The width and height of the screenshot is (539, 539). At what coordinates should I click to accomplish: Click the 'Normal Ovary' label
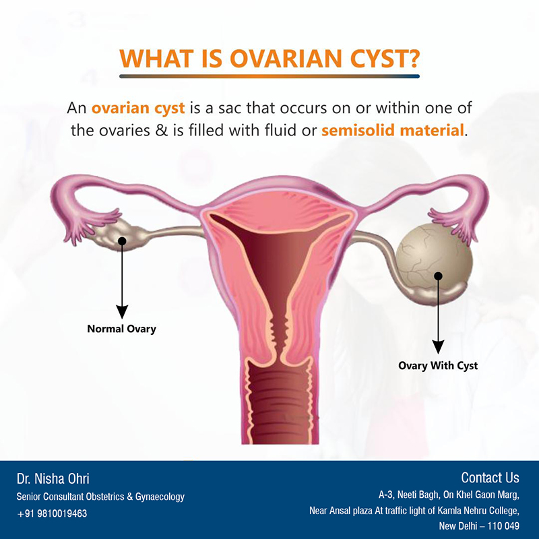coord(122,329)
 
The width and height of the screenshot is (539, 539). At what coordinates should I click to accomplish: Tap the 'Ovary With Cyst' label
coord(438,365)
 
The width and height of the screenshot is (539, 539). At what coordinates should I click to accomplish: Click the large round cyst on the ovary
coord(434,259)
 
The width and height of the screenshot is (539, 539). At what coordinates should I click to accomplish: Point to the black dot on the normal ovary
coord(122,241)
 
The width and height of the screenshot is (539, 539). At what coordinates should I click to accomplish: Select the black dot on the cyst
coord(438,276)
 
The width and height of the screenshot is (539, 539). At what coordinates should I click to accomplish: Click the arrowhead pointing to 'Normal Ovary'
coord(122,311)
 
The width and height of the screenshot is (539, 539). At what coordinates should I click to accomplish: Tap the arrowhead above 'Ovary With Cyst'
coord(438,346)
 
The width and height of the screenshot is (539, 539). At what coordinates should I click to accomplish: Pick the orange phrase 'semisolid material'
coord(393,130)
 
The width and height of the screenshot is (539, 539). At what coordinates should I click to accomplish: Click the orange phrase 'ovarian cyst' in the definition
coord(138,108)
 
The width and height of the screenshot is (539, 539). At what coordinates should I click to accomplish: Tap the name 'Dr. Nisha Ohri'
coord(53,478)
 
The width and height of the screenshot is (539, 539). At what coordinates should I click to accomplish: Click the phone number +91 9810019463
coord(52,513)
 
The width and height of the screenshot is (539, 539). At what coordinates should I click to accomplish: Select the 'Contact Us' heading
coord(490,478)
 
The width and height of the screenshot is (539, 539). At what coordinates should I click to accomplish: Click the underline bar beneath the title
coord(269,76)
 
